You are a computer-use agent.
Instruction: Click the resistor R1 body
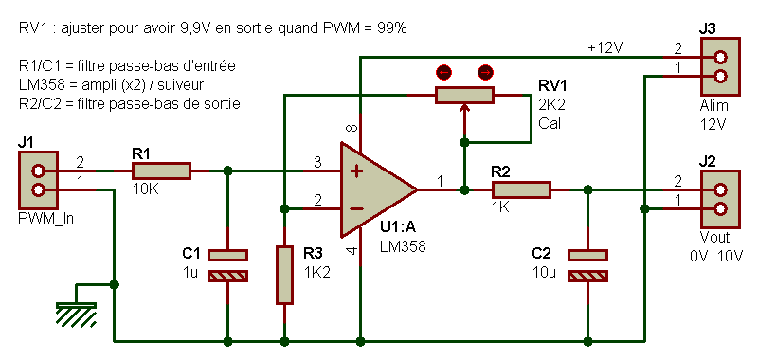(161, 171)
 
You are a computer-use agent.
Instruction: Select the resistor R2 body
(521, 189)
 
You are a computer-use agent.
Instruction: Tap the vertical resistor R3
(284, 275)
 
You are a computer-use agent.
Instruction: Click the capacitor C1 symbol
(227, 265)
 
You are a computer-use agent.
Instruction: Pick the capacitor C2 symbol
(587, 265)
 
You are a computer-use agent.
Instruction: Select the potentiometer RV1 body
(464, 95)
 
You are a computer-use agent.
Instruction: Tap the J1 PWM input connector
(38, 181)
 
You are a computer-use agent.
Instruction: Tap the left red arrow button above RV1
(442, 71)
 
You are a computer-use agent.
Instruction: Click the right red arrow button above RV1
(485, 71)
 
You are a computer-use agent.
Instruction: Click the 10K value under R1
(145, 189)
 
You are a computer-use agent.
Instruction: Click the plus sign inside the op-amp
(356, 171)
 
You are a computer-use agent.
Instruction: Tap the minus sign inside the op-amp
(356, 208)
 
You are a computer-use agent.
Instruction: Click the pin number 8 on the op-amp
(352, 129)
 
